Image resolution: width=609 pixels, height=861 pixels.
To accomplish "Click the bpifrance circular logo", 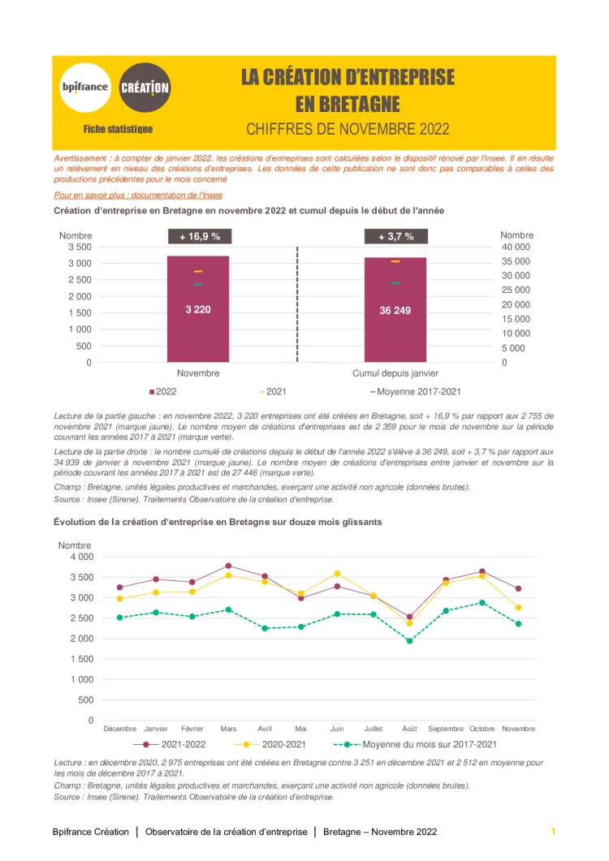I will (84, 87).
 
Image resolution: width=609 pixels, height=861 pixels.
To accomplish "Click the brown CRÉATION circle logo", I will (145, 87).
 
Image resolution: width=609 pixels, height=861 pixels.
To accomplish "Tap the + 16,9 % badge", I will (199, 237).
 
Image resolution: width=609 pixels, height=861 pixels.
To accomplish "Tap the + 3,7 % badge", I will (395, 237).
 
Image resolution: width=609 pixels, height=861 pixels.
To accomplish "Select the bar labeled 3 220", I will (198, 309).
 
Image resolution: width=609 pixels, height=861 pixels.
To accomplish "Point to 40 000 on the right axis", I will (516, 247).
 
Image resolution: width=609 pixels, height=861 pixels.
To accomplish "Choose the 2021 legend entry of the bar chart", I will (273, 392).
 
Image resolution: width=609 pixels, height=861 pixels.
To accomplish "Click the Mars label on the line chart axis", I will (228, 729).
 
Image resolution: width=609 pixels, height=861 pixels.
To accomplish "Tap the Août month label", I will (409, 729).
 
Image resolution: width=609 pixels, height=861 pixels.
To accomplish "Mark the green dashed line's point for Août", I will (409, 641).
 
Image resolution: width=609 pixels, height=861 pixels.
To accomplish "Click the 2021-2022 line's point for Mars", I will (228, 566).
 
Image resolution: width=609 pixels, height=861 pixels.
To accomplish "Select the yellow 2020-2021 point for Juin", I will (337, 574).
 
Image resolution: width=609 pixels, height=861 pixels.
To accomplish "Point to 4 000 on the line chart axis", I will (81, 557).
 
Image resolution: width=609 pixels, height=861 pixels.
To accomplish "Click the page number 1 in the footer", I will (553, 832).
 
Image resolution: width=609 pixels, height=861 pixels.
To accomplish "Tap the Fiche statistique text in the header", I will (118, 129).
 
